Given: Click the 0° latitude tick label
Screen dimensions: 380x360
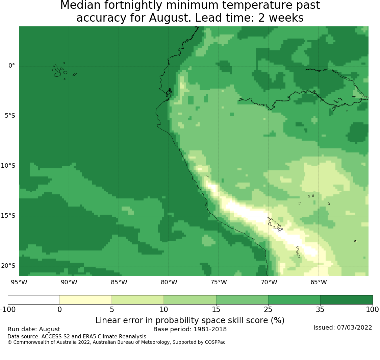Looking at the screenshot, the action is tap(11, 66).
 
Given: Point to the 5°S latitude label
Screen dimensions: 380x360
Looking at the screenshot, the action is tap(10, 116).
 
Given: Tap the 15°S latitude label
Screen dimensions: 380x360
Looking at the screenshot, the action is tap(8, 216).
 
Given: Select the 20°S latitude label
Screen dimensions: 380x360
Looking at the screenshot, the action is tap(8, 266).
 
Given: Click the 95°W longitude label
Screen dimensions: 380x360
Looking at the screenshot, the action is tap(19, 282).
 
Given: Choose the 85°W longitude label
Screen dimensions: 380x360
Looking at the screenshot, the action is tap(119, 282).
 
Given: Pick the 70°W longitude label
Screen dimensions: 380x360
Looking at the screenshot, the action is tap(269, 282).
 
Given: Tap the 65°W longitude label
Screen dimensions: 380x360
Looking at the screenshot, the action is tap(319, 282).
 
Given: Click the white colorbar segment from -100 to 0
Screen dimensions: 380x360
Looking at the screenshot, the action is tap(34, 300).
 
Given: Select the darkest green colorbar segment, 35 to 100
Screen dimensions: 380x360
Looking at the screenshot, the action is tap(346, 300).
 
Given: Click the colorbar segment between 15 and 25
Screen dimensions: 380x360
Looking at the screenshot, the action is tap(242, 300).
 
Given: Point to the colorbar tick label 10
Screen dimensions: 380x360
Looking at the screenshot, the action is tap(164, 310).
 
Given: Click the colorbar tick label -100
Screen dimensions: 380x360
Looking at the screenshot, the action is tap(8, 310).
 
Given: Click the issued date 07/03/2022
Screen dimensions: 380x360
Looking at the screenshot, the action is tap(354, 328).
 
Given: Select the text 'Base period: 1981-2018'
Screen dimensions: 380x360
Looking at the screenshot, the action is tap(190, 329).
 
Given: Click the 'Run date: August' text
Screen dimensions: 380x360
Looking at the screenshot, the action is tap(34, 329).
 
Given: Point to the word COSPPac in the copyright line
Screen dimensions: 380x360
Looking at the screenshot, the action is tap(215, 342).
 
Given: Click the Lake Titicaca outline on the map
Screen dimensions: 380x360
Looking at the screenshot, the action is tap(275, 225).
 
